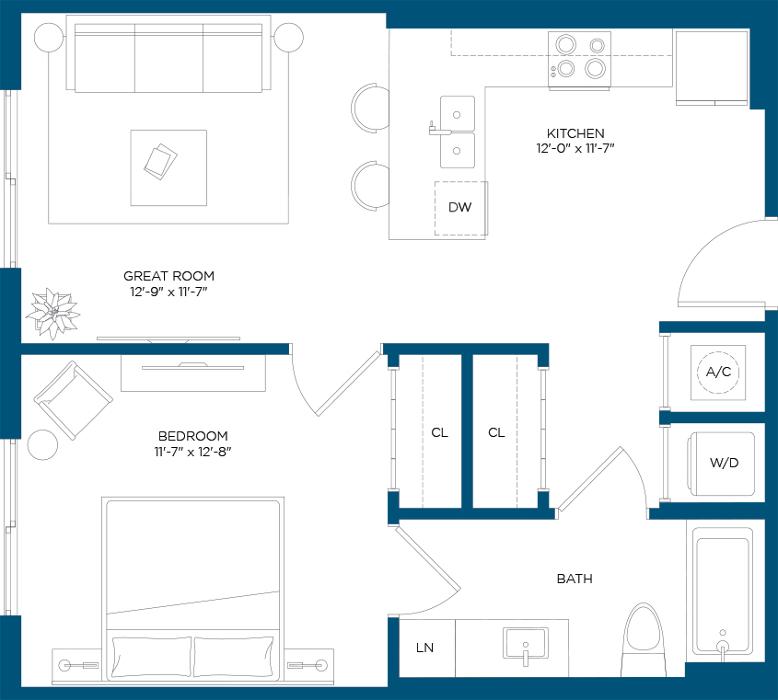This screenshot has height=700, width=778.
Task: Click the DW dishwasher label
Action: [459, 207]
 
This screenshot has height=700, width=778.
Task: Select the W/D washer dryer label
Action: [724, 463]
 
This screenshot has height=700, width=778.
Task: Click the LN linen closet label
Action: [424, 648]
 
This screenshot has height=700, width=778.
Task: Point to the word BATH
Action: [575, 579]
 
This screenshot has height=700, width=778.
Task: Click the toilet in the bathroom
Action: [644, 639]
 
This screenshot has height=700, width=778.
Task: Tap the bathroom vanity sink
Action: [526, 645]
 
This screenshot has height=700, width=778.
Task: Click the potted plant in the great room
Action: [52, 314]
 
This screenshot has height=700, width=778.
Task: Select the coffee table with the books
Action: [168, 167]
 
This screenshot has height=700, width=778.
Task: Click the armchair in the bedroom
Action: [74, 400]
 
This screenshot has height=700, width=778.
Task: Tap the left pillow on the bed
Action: [151, 657]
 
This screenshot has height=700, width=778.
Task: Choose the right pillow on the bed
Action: [233, 657]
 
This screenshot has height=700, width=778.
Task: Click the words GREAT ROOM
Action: [168, 276]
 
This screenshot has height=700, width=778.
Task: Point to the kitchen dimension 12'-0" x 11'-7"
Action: [575, 148]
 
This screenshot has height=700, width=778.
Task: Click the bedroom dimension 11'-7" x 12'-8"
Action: [192, 452]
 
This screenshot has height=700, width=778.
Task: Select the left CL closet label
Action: [439, 433]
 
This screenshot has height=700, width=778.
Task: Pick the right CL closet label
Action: [496, 433]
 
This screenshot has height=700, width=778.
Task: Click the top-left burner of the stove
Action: [565, 44]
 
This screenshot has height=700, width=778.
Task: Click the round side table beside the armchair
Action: [42, 444]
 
